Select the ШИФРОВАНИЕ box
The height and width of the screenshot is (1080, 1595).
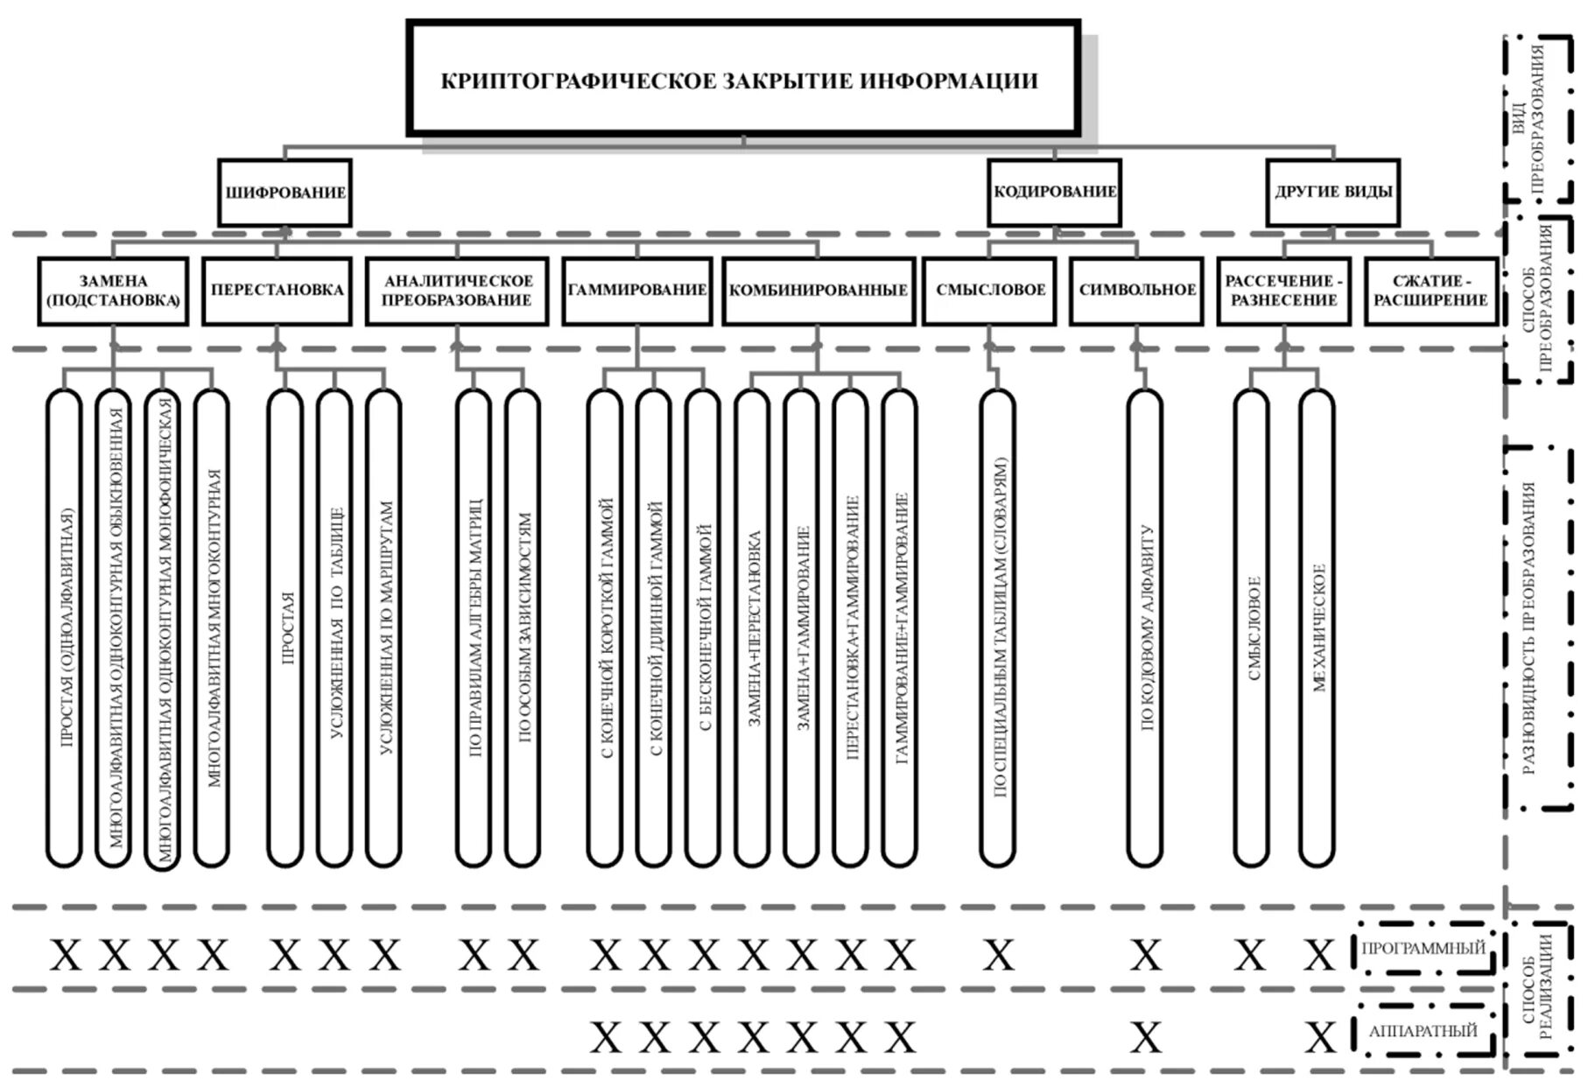tap(285, 193)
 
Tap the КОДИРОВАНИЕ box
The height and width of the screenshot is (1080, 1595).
tap(1054, 192)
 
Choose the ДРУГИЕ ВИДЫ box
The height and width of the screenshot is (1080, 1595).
tap(1332, 192)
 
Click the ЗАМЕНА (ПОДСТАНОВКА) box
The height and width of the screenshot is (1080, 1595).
tap(113, 291)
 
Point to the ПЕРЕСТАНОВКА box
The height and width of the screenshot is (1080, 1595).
tap(277, 291)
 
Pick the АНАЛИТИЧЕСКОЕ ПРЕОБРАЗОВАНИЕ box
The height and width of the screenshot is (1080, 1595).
tap(457, 291)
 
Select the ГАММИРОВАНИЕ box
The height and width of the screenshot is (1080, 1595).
tap(636, 291)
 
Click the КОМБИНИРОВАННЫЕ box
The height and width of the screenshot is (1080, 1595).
tap(818, 291)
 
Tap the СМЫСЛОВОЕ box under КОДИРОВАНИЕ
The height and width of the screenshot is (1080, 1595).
tap(990, 291)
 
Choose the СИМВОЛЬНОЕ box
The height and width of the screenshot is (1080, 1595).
tap(1136, 291)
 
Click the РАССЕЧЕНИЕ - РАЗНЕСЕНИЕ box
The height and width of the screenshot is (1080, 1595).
tap(1283, 291)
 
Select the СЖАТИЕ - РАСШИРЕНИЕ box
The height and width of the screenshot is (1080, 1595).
tap(1430, 291)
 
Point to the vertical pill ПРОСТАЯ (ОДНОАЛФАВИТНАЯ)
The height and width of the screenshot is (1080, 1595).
tap(64, 628)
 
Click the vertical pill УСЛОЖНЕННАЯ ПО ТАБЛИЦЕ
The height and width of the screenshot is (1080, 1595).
tap(334, 628)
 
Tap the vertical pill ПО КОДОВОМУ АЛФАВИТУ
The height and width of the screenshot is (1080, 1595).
tap(1145, 628)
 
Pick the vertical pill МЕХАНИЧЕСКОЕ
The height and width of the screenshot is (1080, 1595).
tap(1317, 628)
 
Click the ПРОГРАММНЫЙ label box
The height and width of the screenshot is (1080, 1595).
tap(1423, 948)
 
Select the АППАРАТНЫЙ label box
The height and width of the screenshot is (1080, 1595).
tap(1423, 1031)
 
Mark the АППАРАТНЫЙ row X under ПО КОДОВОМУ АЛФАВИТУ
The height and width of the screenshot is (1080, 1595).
tap(1145, 1038)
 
